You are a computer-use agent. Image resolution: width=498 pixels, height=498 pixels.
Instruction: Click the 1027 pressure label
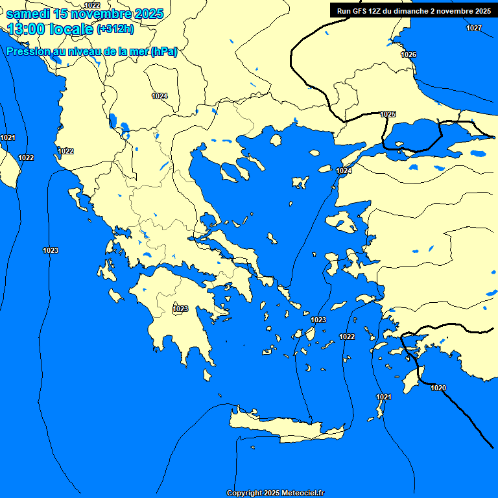[x=474, y=28]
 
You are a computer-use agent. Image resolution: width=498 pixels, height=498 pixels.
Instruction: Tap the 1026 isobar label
[x=409, y=54]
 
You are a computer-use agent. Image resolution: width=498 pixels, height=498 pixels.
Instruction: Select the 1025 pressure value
[x=388, y=114]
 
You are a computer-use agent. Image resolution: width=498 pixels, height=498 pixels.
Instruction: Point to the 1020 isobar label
[x=438, y=388]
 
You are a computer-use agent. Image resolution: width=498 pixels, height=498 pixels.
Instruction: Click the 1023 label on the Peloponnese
[x=180, y=309]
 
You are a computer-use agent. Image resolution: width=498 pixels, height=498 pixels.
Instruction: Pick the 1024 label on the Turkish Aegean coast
[x=344, y=171]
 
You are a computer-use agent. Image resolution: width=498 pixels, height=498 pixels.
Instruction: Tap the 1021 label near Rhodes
[x=383, y=397]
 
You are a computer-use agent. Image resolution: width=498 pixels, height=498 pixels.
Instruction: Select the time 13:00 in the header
[x=29, y=29]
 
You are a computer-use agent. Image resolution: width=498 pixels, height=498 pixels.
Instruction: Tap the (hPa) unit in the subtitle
[x=164, y=52]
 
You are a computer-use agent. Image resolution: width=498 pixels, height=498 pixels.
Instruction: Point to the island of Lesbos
[x=342, y=222]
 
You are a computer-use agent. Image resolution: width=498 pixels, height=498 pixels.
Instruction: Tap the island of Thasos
[x=276, y=139]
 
